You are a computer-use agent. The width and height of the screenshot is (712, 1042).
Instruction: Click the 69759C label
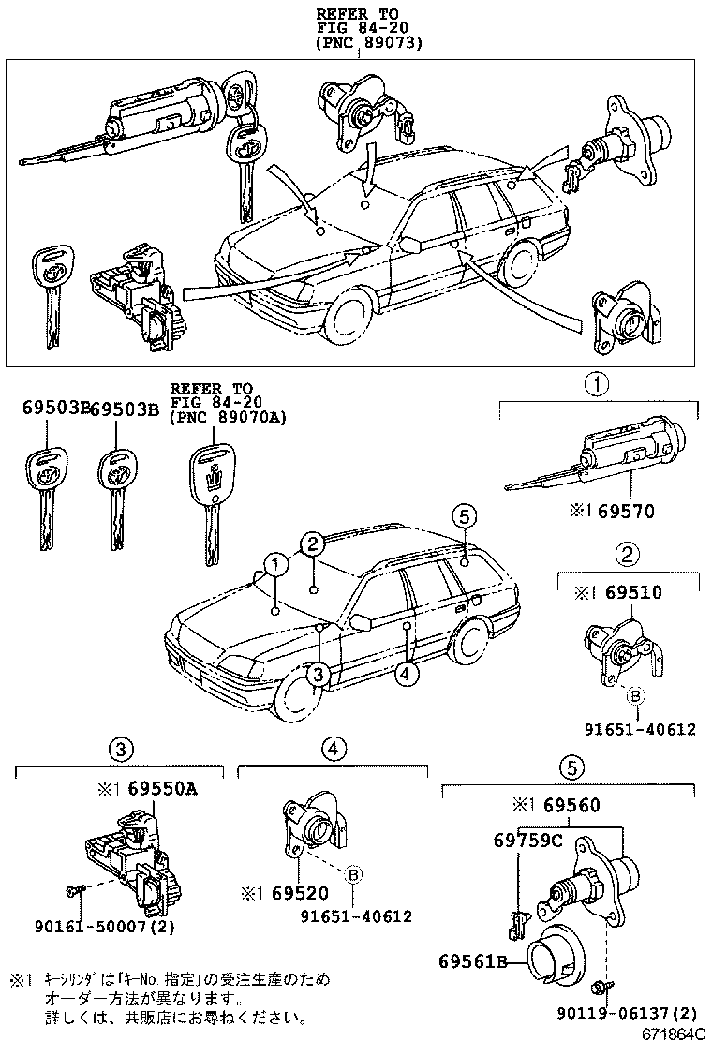(527, 841)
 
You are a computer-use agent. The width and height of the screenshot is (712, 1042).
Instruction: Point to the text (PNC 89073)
(369, 43)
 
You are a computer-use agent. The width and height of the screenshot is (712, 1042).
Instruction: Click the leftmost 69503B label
(54, 409)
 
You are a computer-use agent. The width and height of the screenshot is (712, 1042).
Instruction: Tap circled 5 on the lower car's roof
(463, 514)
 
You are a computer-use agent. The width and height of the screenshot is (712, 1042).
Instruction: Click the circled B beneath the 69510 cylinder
(635, 695)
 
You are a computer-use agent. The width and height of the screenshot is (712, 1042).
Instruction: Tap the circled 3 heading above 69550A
(119, 749)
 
